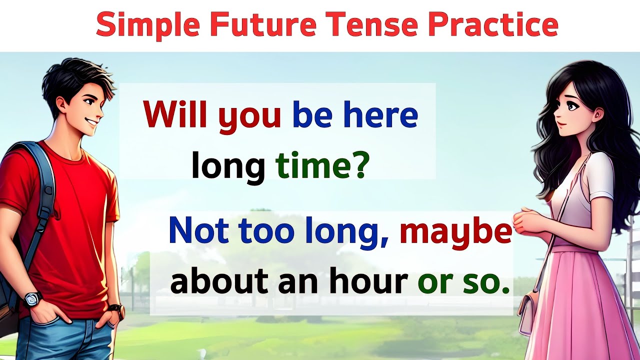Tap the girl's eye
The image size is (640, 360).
571,106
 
